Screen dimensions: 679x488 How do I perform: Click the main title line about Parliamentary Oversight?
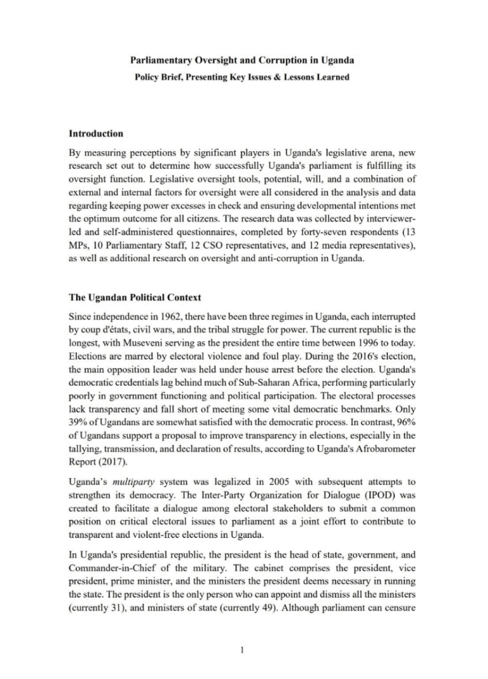tap(243, 61)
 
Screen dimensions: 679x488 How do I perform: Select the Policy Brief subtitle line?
tap(243, 77)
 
